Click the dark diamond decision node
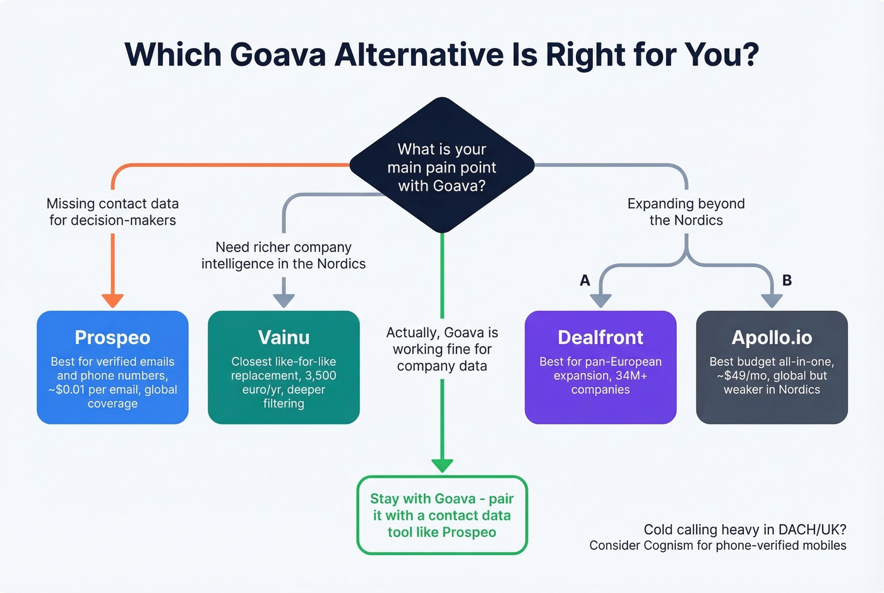click(x=442, y=166)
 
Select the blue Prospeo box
click(x=112, y=367)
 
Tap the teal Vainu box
click(x=284, y=367)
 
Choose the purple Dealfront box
click(x=600, y=367)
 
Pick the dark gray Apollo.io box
click(x=772, y=367)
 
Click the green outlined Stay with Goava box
click(x=442, y=515)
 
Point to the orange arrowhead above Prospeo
click(x=112, y=301)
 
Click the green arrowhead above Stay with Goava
click(x=442, y=465)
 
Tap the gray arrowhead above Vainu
click(x=284, y=301)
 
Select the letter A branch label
click(x=585, y=280)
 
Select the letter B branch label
click(x=787, y=280)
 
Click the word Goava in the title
click(x=277, y=54)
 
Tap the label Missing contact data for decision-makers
click(x=112, y=212)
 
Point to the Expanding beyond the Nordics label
click(x=686, y=212)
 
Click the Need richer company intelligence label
click(x=284, y=255)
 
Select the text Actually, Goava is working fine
click(x=442, y=349)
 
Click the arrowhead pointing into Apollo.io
click(x=772, y=301)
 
